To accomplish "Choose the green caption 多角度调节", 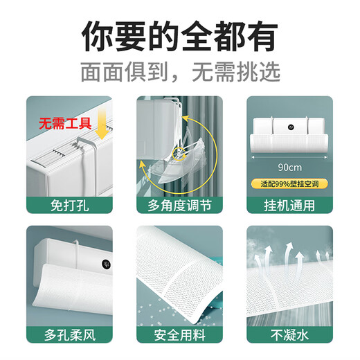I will point(179,205).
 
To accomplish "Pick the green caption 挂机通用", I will point(290,205).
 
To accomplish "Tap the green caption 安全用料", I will point(179,335).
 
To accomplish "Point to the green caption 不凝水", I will point(290,335).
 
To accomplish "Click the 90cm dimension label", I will point(289,167).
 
